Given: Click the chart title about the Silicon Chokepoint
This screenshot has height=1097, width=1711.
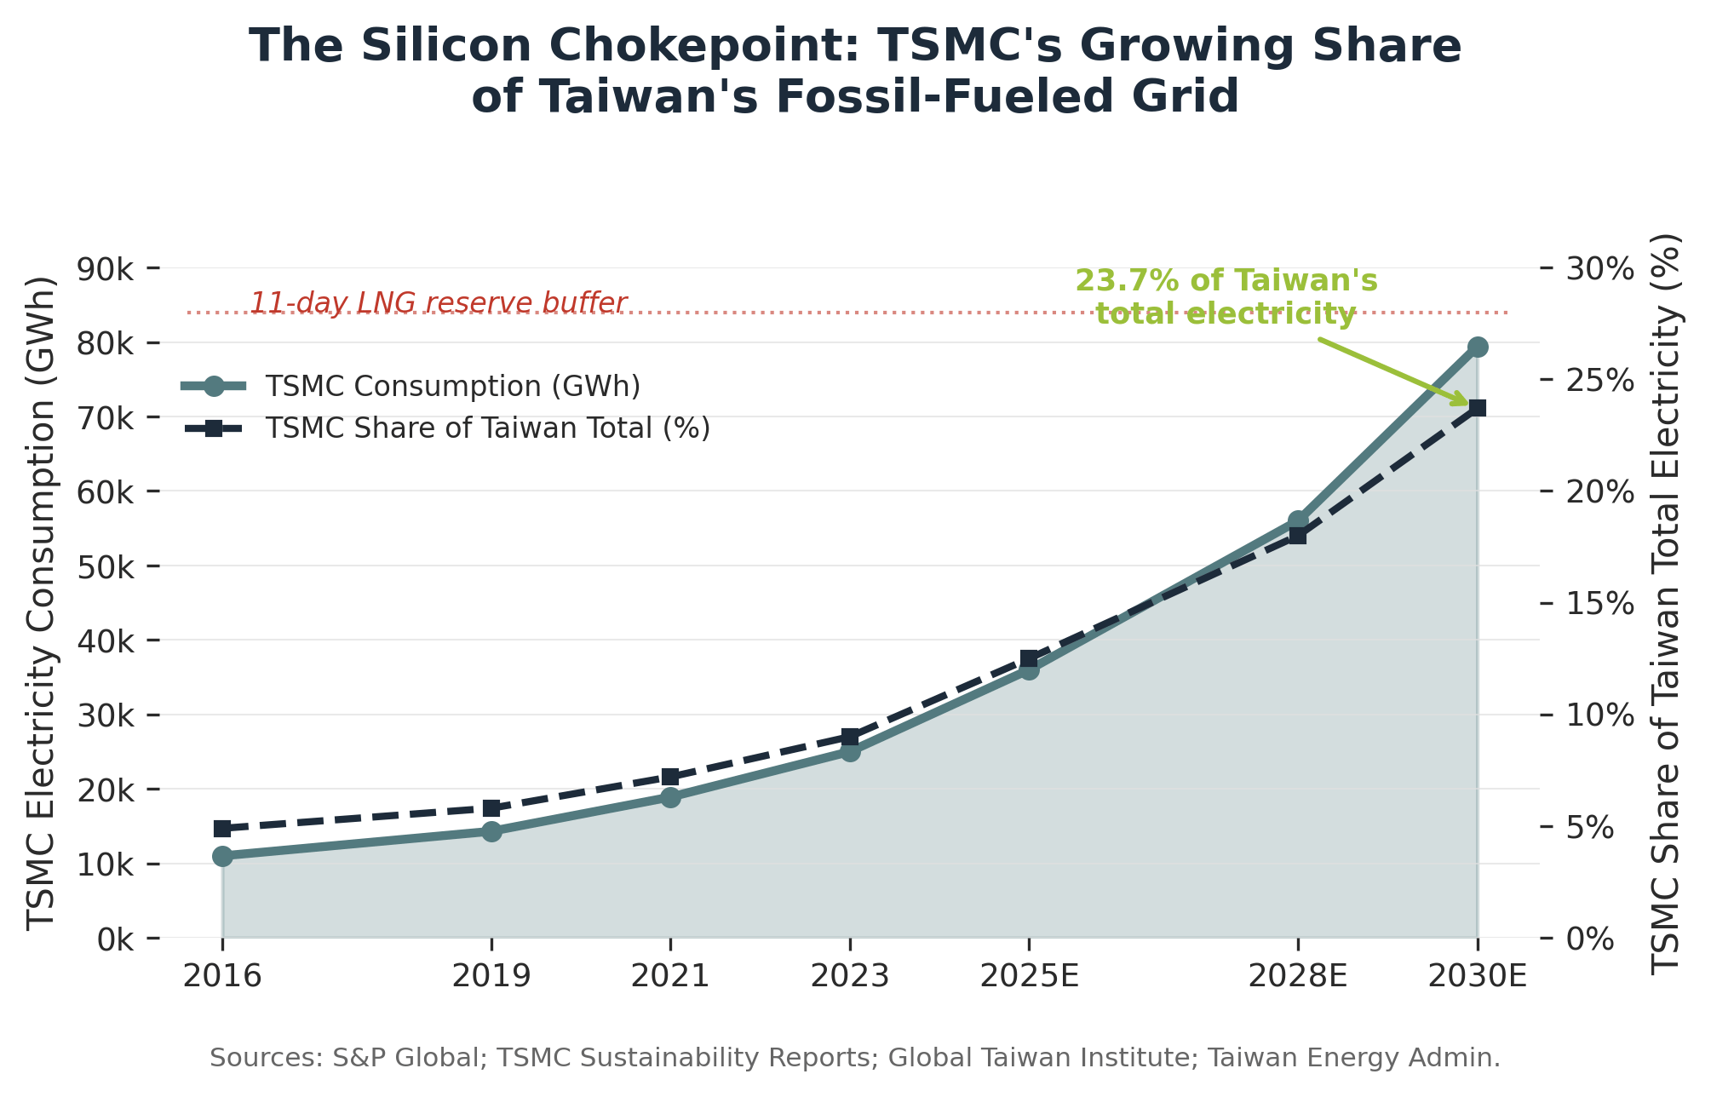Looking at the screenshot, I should click(855, 71).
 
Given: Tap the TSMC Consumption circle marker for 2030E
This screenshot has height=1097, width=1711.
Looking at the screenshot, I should click(1478, 347).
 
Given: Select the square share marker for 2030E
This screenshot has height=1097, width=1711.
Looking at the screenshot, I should click(1478, 408).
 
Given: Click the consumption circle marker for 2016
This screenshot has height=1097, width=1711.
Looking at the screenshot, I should click(222, 856).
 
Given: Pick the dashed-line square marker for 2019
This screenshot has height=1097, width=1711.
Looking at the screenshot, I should click(491, 807).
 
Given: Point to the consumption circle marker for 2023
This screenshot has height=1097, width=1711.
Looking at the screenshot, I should click(850, 751).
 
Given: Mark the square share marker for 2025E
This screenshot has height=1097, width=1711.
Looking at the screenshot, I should click(1029, 658).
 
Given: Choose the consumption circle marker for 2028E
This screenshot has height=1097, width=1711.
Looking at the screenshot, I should click(1298, 520).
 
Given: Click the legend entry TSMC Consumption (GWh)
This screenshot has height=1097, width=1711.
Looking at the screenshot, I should click(452, 387).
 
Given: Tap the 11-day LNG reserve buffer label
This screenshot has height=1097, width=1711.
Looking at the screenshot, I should click(438, 303).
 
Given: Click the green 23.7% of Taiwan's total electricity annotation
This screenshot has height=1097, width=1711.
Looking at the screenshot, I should click(1226, 297).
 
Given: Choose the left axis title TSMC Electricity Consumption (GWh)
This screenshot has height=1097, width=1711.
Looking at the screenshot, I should click(41, 603).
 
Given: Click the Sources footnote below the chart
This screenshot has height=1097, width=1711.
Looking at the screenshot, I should click(855, 1058).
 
